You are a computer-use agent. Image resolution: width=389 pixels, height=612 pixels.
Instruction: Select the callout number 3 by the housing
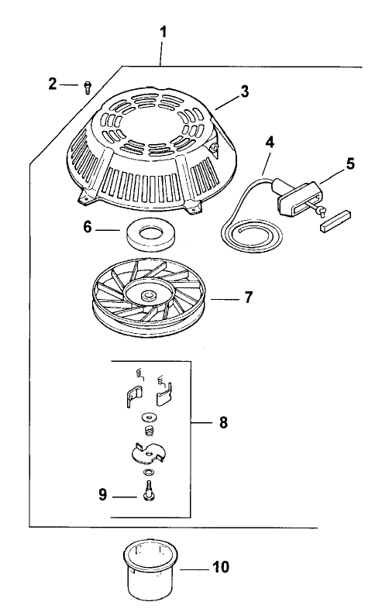pos(244,91)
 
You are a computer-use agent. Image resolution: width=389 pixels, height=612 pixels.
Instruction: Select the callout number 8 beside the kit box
pos(224,424)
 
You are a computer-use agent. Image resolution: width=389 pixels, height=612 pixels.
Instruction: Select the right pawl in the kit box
pos(164,396)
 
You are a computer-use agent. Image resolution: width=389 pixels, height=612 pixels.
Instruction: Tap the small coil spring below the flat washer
pos(147,429)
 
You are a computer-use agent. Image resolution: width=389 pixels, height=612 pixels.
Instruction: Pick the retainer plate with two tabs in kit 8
pos(147,452)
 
